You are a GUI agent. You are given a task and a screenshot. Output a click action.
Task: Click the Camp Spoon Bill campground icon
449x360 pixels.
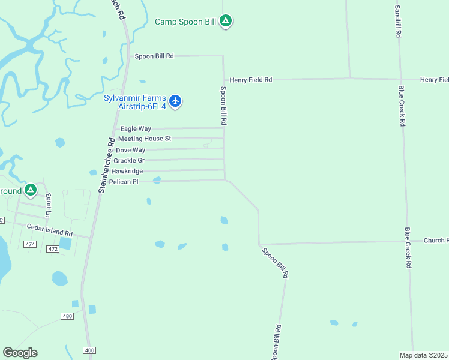pos(226,22)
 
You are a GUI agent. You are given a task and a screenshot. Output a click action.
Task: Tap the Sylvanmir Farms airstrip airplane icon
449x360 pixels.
pos(175,100)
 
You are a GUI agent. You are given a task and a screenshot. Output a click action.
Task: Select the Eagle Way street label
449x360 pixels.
pos(136,128)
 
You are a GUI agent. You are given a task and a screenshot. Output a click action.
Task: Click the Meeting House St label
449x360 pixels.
pos(145,139)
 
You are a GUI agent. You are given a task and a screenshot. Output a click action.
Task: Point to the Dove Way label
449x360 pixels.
pos(130,150)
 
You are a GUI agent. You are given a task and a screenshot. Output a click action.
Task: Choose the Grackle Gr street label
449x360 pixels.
pos(129,161)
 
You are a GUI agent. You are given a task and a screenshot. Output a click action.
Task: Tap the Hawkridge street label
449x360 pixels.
pos(127,171)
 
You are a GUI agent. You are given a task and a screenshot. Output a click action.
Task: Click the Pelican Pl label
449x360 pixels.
pos(124,181)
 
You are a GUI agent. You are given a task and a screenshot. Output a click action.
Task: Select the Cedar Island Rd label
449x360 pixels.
pos(50,230)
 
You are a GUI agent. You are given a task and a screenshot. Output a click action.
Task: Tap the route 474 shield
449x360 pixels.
pos(31,244)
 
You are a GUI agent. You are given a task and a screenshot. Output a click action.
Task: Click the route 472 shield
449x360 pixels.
pos(52,249)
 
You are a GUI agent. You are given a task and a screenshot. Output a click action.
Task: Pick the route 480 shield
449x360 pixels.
pos(67,316)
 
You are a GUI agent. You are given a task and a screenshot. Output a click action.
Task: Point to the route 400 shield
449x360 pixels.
pos(89,350)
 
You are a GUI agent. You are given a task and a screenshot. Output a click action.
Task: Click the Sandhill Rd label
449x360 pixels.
pos(397,22)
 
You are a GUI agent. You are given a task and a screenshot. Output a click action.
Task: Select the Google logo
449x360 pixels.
pos(20,353)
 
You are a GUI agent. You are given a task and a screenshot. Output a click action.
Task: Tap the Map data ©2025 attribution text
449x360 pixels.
pos(424,355)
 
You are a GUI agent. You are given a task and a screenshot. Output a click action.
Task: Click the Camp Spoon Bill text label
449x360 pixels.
pos(185,22)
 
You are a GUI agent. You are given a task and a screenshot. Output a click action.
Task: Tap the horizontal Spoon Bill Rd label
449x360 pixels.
pos(154,56)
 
